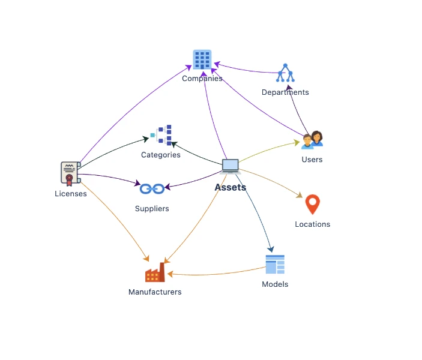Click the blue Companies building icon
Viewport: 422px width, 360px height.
(202, 60)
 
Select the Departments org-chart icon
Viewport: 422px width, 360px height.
(285, 73)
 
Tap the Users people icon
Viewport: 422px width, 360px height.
(312, 139)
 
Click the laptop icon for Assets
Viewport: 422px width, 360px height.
(230, 166)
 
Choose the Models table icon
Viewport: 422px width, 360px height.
(275, 265)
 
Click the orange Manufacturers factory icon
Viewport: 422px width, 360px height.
(155, 273)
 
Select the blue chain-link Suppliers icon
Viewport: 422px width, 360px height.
(152, 189)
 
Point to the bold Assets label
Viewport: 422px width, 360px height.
(231, 187)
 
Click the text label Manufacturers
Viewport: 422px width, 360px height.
(155, 292)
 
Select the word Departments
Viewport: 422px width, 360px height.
(285, 92)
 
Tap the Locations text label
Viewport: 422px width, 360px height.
(312, 224)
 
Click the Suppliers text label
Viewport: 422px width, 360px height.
(152, 209)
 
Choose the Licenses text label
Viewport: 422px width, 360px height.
(71, 194)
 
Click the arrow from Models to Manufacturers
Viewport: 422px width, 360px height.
(216, 275)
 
